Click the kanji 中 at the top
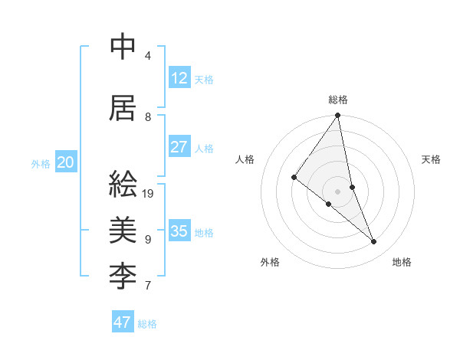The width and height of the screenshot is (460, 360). (123, 47)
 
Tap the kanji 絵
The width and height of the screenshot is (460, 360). (123, 185)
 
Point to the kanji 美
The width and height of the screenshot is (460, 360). (123, 229)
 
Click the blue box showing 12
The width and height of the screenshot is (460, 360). (179, 78)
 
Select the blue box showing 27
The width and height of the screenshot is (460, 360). (179, 147)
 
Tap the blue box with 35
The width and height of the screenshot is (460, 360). (179, 231)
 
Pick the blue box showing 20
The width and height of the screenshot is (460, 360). (66, 162)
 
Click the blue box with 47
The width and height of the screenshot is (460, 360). (123, 322)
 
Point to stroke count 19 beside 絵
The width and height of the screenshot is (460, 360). (149, 194)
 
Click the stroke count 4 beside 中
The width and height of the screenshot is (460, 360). (148, 56)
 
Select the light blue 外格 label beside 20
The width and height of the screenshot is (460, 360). (41, 163)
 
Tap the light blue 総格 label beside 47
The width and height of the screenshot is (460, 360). (147, 324)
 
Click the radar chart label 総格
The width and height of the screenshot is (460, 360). (338, 100)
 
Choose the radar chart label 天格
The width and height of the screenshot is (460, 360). (432, 159)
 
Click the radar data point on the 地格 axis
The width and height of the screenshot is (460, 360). (374, 241)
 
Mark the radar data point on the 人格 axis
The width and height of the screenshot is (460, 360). (294, 177)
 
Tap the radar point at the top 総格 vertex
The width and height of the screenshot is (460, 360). (338, 116)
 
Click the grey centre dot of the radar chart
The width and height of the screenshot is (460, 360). (338, 191)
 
